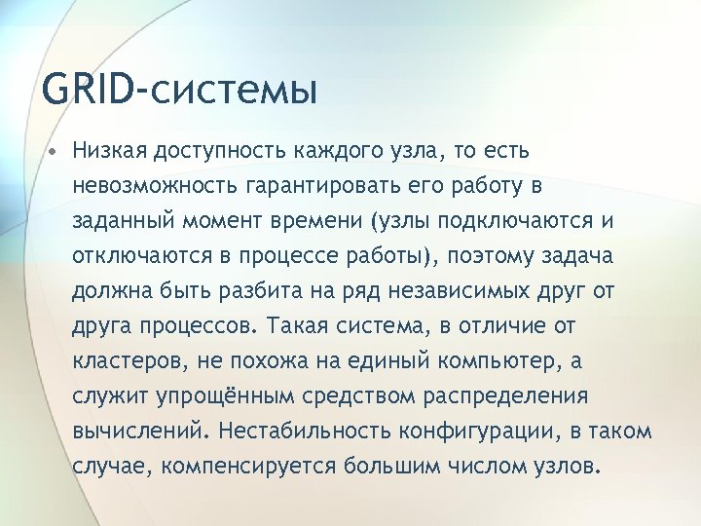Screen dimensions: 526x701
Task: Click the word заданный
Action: point(120,220)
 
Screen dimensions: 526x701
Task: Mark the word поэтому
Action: point(485,255)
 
